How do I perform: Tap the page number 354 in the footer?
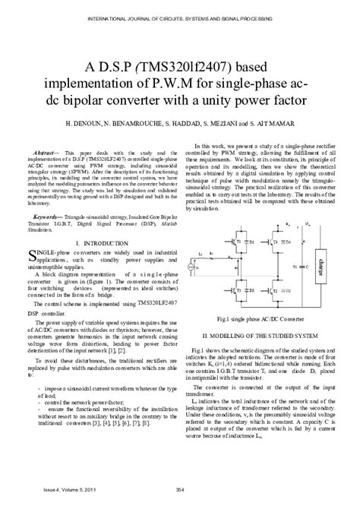point(180,492)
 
